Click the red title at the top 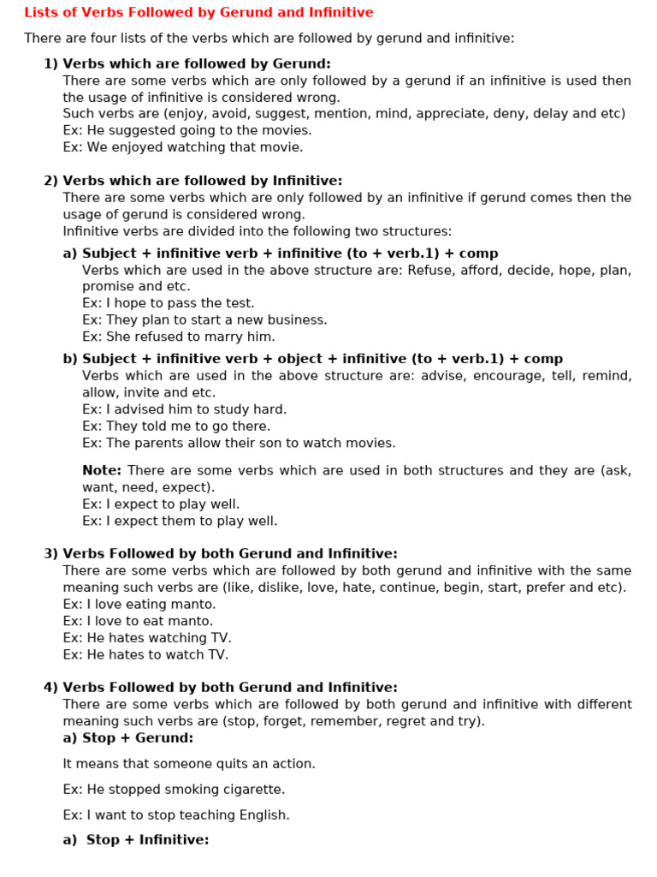(x=198, y=13)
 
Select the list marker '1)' (x=50, y=63)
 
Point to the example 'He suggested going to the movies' (x=187, y=130)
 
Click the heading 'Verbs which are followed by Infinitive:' (x=202, y=181)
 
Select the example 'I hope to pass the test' (x=169, y=303)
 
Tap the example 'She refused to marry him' (x=179, y=337)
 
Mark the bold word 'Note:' (x=102, y=471)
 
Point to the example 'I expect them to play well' (x=180, y=522)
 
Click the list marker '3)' (x=50, y=554)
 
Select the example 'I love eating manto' (x=139, y=605)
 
